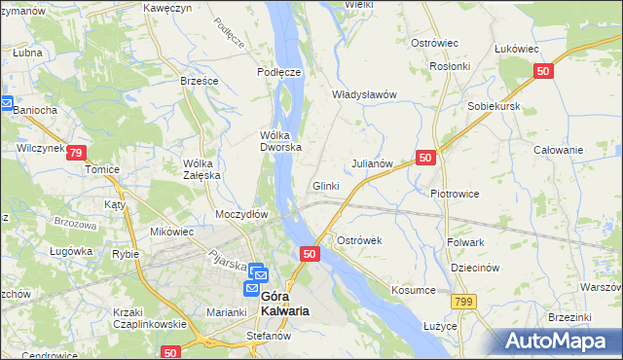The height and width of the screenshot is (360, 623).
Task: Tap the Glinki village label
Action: click(325, 186)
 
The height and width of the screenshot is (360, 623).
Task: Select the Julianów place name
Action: click(371, 164)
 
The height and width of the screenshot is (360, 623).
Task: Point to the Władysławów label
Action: click(365, 94)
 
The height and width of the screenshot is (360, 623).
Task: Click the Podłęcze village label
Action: click(278, 72)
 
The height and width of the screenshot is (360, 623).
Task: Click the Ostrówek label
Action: click(361, 240)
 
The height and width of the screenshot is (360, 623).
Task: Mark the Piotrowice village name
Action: click(455, 194)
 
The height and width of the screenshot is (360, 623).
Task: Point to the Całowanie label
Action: click(559, 150)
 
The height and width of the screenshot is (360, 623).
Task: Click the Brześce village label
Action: click(199, 81)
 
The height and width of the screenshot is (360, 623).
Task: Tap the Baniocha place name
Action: click(36, 110)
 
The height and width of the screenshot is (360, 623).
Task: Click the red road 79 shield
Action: click(77, 152)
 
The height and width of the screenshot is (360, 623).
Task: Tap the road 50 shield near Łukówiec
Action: click(544, 71)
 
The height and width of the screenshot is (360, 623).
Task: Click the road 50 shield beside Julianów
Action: click(424, 157)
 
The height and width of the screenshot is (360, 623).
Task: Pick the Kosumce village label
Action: click(412, 291)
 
